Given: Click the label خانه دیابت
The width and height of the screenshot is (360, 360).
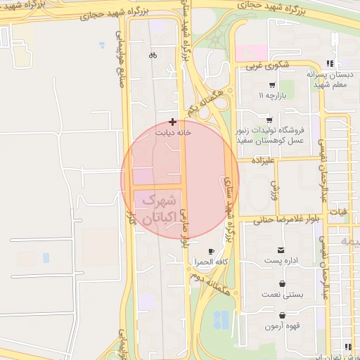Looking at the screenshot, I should pyautogui.click(x=173, y=131).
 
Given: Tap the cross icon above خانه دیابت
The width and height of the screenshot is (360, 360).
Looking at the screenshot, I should pyautogui.click(x=173, y=122).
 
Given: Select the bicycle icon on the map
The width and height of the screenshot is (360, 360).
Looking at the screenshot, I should pyautogui.click(x=153, y=55).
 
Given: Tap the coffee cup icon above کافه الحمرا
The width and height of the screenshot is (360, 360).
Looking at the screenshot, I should pyautogui.click(x=211, y=251).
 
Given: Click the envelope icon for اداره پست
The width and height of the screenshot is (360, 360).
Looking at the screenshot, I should pyautogui.click(x=282, y=250).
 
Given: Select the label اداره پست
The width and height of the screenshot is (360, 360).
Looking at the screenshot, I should pyautogui.click(x=282, y=261).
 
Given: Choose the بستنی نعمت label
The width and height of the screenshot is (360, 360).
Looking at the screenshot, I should pyautogui.click(x=282, y=294).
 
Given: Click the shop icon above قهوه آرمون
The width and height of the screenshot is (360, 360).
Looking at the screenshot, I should pyautogui.click(x=282, y=316).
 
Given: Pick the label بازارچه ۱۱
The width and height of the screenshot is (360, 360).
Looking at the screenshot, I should pyautogui.click(x=271, y=94).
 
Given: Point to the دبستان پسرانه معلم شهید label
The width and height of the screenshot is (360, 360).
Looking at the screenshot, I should pyautogui.click(x=328, y=78).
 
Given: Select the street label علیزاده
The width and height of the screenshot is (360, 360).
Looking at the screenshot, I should pyautogui.click(x=259, y=160).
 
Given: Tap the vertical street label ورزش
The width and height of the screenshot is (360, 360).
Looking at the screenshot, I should pyautogui.click(x=274, y=188).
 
